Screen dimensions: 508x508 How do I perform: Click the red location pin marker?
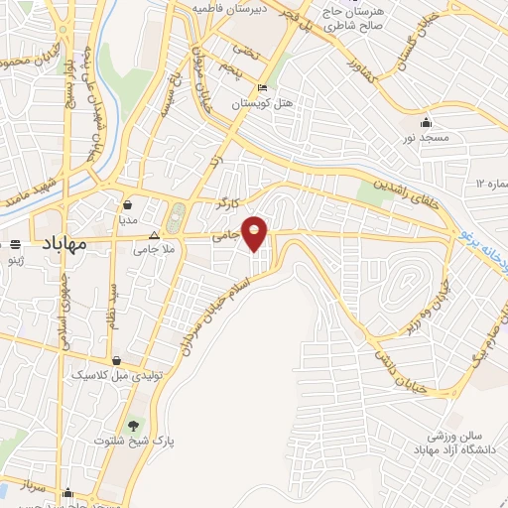255,231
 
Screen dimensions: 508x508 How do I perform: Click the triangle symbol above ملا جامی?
153,236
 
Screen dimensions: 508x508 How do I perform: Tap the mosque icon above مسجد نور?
426,122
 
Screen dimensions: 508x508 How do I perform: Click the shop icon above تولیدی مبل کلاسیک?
117,361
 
